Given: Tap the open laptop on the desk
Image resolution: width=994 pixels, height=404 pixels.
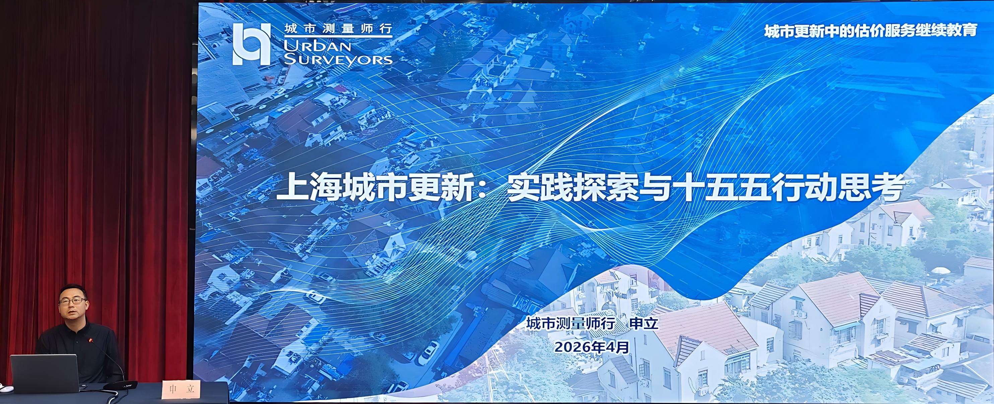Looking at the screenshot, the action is click(44, 374).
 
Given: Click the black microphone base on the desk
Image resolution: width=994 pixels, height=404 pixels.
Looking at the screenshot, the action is click(120, 385).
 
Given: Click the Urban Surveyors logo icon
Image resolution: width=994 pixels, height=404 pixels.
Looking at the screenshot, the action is click(251, 43).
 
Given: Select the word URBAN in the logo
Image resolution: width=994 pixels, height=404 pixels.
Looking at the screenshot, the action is click(317, 46).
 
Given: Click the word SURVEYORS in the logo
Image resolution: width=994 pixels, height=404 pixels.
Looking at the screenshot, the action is click(338, 60).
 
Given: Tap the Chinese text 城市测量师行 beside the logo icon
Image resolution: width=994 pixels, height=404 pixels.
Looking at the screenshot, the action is click(338, 28).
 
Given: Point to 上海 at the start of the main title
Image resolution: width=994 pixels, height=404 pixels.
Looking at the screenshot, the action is click(307, 188).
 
